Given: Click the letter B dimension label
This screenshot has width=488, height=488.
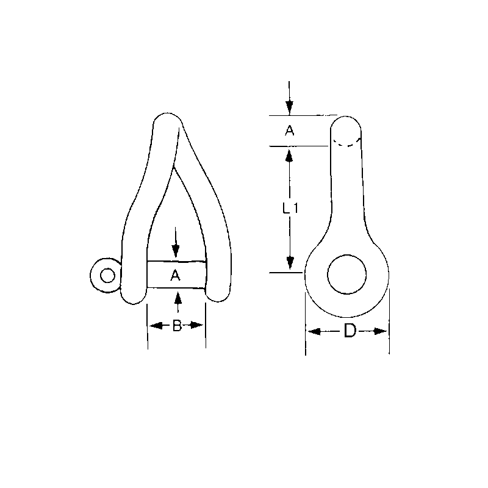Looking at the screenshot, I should tap(176, 326).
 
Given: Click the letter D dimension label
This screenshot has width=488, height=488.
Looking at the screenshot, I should tap(350, 331).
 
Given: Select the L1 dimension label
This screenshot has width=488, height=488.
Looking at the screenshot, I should tap(290, 208).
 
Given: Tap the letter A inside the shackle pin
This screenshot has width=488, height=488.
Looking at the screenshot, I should tap(176, 276).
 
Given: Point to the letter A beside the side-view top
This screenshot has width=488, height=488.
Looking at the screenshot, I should tap(290, 130).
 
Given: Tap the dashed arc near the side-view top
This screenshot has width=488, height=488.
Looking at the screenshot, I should tap(346, 144).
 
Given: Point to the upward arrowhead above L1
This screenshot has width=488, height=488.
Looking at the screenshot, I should tap(290, 155).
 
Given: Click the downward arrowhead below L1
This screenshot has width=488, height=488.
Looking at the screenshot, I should tap(290, 262).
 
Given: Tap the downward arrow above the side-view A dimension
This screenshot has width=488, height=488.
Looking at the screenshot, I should tap(290, 107).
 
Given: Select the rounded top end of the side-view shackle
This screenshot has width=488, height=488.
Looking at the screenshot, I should tap(346, 122).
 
